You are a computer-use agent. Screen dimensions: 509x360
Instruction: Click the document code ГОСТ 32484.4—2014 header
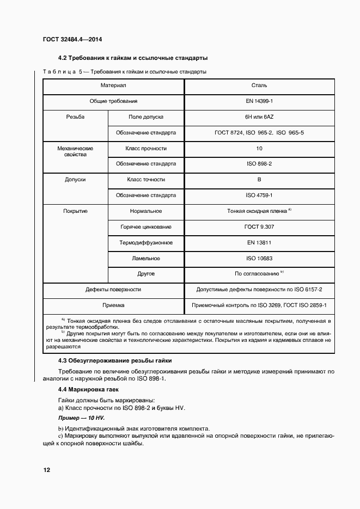[x=72, y=40]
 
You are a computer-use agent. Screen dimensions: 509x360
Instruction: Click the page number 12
[x=47, y=469]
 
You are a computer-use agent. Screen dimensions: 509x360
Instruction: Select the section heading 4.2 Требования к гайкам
[x=133, y=58]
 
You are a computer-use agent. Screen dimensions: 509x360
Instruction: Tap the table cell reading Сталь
[x=260, y=85]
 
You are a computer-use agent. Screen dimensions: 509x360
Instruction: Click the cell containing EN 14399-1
[x=260, y=101]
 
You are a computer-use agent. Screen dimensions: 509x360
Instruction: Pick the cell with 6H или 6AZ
[x=260, y=117]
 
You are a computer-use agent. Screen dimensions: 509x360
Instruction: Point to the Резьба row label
[x=75, y=117]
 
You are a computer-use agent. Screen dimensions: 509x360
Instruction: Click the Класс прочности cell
[x=146, y=148]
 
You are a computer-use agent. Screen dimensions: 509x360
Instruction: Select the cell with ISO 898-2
[x=260, y=164]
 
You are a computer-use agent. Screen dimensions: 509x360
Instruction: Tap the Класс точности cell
[x=146, y=179]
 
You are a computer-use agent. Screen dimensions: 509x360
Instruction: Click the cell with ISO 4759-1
[x=260, y=195]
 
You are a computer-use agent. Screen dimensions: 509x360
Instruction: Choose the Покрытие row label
[x=75, y=211]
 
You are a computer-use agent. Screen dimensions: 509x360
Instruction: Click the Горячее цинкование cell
[x=146, y=226]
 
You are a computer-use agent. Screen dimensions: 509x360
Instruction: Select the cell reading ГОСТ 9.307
[x=260, y=226]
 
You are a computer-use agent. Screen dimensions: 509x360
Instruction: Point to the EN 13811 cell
[x=260, y=242]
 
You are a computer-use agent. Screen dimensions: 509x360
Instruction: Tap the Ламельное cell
[x=146, y=259]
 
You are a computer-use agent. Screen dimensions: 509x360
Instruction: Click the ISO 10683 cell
[x=260, y=259]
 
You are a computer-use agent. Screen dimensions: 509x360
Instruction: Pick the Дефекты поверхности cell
[x=113, y=290]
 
